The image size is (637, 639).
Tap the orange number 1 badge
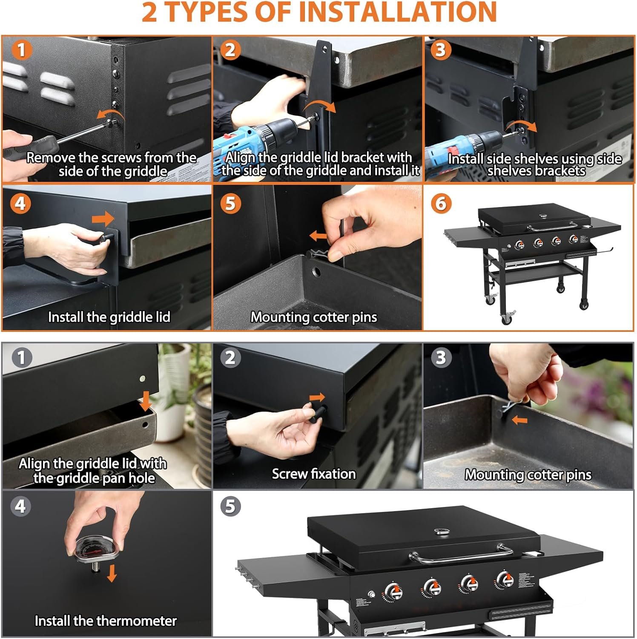(21, 50)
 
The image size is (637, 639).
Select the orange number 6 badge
(441, 204)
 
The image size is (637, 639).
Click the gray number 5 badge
(230, 506)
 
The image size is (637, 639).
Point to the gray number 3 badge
(441, 357)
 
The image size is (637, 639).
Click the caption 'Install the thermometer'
(106, 621)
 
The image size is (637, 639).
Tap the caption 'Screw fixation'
(314, 474)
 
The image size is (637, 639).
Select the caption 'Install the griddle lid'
(109, 317)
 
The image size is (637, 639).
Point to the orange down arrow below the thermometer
(112, 573)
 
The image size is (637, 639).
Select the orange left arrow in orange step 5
(318, 236)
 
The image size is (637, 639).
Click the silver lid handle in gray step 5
(461, 553)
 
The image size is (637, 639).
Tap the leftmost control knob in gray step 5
(392, 592)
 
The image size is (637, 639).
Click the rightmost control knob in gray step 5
(505, 579)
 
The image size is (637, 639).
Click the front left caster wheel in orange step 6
(507, 318)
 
